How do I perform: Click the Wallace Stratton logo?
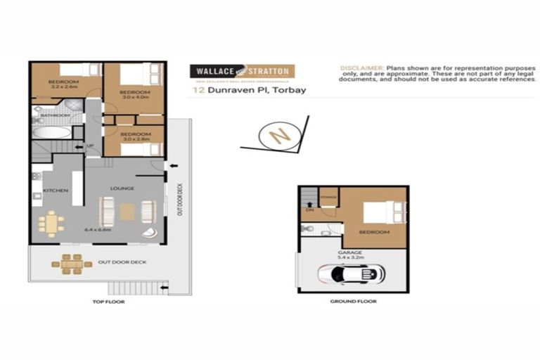tap(241, 72)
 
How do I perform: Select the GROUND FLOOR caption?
tap(353, 301)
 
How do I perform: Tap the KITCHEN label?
tap(55, 191)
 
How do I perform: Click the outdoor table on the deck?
tap(71, 263)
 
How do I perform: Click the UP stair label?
tap(90, 146)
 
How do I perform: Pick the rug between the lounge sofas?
tap(127, 211)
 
